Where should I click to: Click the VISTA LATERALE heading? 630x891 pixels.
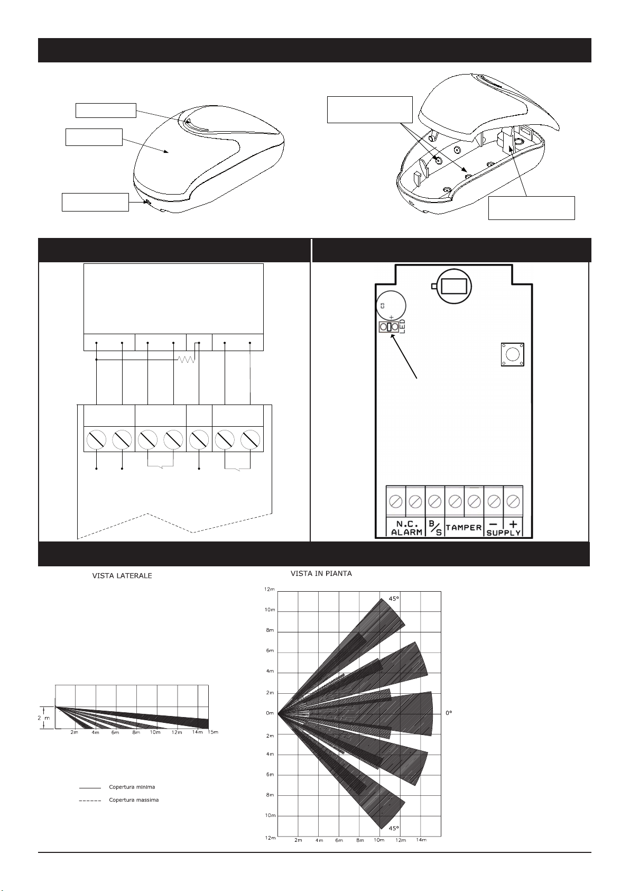[122, 576]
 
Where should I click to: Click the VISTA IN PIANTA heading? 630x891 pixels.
[321, 573]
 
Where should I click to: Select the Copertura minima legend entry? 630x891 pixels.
[132, 787]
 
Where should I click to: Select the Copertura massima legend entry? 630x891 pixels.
[133, 800]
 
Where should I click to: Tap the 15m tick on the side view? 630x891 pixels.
[212, 732]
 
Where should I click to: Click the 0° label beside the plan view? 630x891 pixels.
[449, 713]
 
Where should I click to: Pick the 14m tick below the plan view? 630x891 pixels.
[421, 840]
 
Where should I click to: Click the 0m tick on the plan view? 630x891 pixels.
[270, 713]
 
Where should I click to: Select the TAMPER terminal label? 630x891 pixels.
[464, 527]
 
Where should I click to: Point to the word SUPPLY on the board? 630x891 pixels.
[504, 532]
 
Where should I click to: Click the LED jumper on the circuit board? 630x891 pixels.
[389, 328]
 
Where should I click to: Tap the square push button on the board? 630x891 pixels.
[511, 354]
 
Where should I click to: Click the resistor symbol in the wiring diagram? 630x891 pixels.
[187, 360]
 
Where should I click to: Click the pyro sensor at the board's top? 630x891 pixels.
[451, 287]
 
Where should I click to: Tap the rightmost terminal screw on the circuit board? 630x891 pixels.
[513, 501]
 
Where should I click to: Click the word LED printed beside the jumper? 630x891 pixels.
[403, 327]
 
